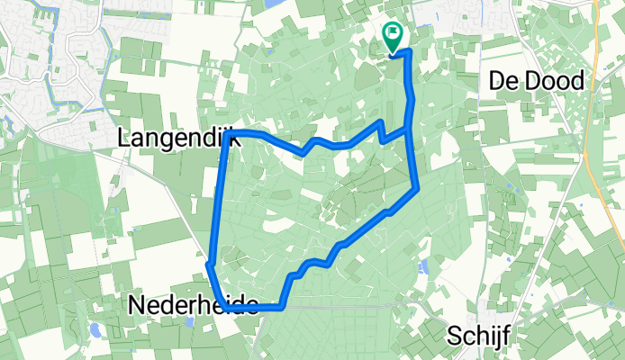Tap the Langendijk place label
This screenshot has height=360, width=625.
click(177, 137)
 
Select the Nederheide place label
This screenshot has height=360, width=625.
click(195, 305)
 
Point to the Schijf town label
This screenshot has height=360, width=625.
click(479, 336)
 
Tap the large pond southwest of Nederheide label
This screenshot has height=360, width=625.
click(94, 328)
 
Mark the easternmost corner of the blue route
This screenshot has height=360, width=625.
click(418, 189)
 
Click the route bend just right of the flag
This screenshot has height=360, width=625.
click(410, 52)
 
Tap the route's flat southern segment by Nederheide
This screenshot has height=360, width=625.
click(257, 308)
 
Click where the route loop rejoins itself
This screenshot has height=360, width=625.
click(410, 127)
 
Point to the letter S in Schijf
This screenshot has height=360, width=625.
click(454, 336)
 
